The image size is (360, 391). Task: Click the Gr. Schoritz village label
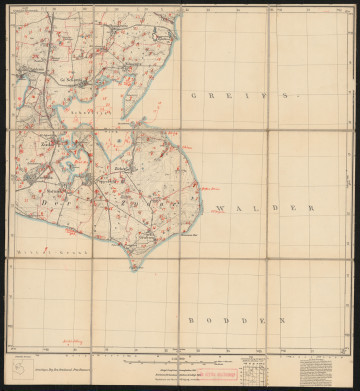(70, 74)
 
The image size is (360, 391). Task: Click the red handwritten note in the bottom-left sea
(70, 340)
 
